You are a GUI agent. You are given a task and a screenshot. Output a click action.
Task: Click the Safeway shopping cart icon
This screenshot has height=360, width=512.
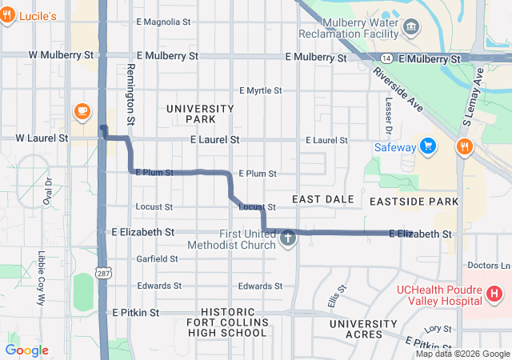coord(429,146)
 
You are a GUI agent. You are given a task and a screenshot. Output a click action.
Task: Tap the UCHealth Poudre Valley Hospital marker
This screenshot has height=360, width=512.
coord(494,294)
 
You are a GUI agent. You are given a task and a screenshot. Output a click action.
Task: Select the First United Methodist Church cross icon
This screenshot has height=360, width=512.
coord(288,238)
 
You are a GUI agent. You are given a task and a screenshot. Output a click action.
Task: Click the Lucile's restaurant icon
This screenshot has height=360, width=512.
coord(6,16)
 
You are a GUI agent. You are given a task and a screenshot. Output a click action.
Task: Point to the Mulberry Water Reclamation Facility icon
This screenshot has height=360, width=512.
coord(412,28)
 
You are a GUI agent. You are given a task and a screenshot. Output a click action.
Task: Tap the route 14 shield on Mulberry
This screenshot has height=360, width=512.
coord(386,58)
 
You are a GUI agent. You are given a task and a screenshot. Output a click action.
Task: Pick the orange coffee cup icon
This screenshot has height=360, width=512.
coord(81,110)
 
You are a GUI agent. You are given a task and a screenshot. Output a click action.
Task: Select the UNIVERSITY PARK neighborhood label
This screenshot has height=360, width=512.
coord(200,114)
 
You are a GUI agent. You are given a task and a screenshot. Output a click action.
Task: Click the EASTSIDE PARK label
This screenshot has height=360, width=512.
coord(411,202)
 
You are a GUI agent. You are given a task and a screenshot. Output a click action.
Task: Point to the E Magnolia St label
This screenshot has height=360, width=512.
coord(168,22)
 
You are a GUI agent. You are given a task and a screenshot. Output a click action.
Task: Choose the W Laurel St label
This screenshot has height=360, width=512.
coord(42,138)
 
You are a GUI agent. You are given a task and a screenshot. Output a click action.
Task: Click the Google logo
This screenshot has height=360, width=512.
coord(26,350)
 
